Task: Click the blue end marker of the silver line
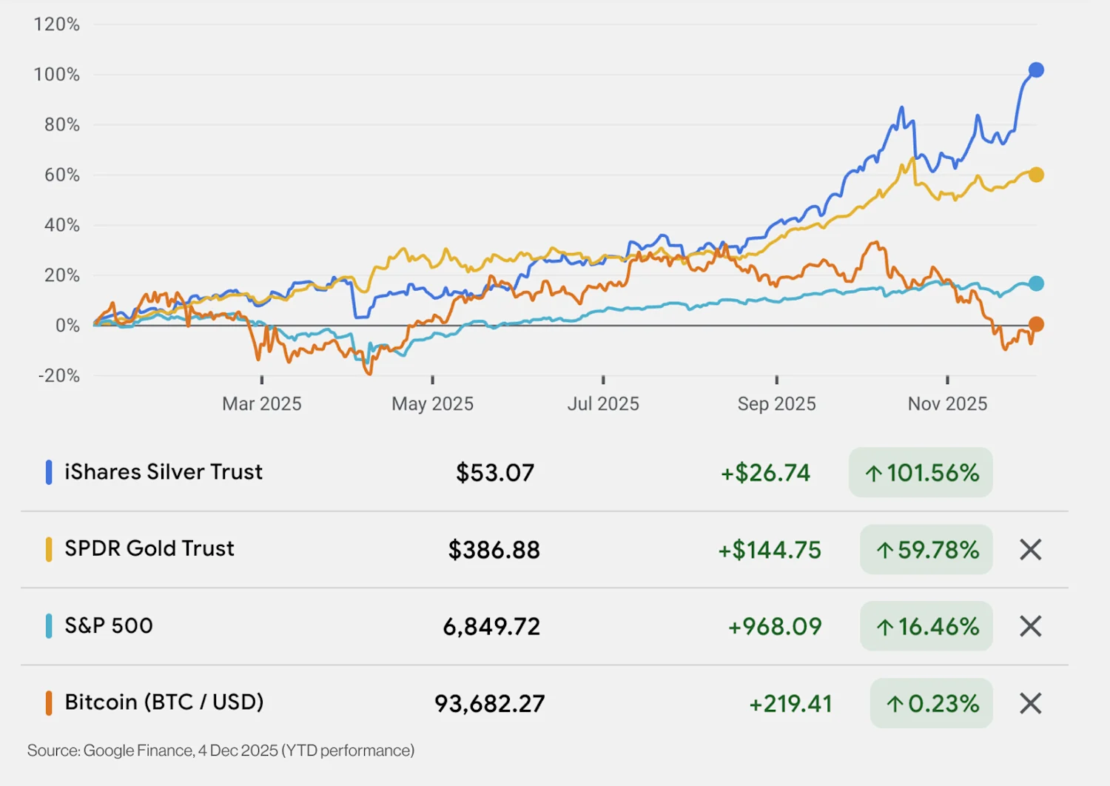(x=1036, y=70)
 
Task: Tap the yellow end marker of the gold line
(x=1036, y=175)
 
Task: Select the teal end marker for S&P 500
(x=1036, y=283)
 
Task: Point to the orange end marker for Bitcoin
(x=1036, y=324)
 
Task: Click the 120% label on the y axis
(x=57, y=24)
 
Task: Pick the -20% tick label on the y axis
(x=59, y=375)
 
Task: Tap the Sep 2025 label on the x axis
(x=776, y=404)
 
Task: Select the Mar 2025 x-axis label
(x=262, y=404)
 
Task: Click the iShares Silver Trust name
(x=164, y=472)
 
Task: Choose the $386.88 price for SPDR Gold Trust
(x=494, y=550)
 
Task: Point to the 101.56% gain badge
(x=921, y=472)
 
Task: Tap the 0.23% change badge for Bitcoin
(x=932, y=703)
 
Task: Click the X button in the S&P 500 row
(x=1030, y=626)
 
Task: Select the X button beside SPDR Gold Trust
(x=1030, y=550)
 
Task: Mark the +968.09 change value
(x=775, y=627)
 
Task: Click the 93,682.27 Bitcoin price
(x=490, y=703)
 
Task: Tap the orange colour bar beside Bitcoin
(x=49, y=702)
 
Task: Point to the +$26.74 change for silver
(x=766, y=473)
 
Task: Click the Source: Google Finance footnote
(x=221, y=750)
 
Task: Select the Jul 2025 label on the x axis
(x=603, y=404)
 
